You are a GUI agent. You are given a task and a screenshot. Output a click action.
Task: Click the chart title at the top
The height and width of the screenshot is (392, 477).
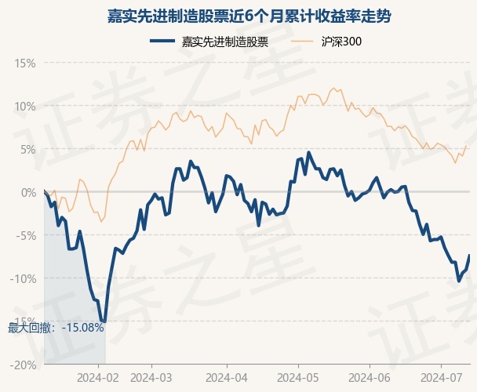click(249, 16)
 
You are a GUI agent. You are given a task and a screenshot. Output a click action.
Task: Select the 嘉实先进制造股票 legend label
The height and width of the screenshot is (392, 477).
click(225, 42)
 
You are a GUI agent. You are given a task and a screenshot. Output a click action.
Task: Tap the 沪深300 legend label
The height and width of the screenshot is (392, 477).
click(341, 42)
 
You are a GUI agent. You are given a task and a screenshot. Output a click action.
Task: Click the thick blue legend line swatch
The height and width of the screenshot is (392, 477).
click(162, 42)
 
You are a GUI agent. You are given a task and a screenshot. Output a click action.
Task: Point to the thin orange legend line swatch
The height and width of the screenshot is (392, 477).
click(302, 42)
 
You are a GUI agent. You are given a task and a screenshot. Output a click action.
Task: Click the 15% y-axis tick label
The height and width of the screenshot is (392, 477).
click(25, 64)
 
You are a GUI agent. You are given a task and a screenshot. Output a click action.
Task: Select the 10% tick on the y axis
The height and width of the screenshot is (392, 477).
click(25, 107)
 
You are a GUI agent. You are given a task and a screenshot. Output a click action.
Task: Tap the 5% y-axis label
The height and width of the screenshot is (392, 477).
click(28, 150)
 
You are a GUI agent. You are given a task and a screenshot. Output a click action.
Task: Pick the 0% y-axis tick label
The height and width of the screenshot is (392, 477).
click(28, 193)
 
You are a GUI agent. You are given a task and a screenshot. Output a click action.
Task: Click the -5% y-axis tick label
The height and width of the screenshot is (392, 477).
click(26, 236)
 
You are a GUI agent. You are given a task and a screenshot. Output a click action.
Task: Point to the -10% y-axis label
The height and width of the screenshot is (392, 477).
click(23, 278)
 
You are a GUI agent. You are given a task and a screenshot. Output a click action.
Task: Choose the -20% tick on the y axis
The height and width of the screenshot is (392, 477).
click(23, 365)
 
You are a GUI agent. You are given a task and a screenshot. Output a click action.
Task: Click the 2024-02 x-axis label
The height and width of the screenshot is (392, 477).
click(98, 378)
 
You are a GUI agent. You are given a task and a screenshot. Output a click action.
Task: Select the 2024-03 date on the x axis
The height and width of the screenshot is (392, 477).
click(151, 378)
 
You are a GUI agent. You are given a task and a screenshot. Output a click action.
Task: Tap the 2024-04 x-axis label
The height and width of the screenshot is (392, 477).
click(227, 378)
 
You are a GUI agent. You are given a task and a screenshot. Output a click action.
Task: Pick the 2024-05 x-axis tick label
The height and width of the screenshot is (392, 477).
click(298, 378)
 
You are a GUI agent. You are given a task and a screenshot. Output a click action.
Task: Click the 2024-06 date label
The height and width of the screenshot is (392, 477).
click(370, 378)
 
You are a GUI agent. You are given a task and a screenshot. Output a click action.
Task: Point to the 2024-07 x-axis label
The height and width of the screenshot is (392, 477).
click(441, 378)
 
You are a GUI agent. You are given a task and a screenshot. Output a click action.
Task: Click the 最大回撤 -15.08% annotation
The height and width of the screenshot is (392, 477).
click(56, 328)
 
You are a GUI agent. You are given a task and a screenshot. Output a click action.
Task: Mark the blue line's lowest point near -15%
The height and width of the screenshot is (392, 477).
click(104, 321)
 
